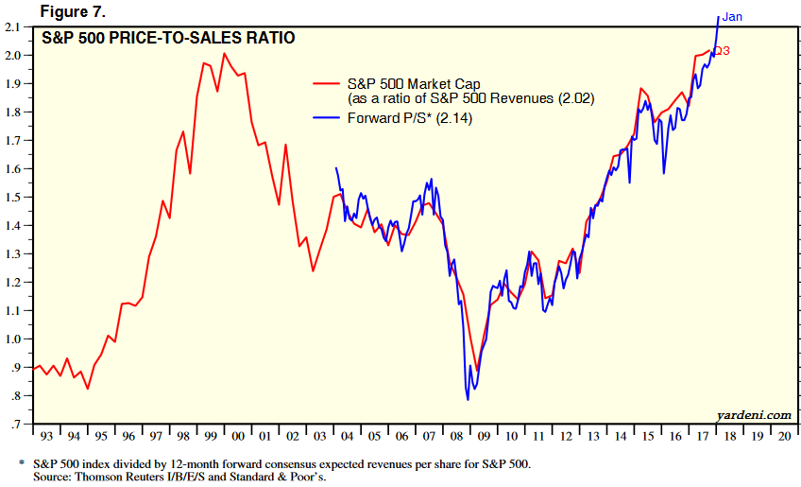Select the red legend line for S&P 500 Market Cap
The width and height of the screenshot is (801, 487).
(327, 84)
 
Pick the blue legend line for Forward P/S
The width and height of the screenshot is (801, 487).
(327, 118)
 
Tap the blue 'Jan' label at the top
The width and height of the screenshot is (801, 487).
(733, 17)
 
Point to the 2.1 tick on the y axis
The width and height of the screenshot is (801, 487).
(14, 26)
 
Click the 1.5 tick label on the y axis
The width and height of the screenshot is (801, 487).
(14, 198)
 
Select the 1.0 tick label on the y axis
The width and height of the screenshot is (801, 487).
(14, 339)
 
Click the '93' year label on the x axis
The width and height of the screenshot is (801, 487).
(46, 437)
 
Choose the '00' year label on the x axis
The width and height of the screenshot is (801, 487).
(237, 437)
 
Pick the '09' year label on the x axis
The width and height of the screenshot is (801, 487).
(484, 437)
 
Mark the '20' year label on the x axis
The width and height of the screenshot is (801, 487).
(784, 437)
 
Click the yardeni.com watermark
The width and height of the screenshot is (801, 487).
(753, 414)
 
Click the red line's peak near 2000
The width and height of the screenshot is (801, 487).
(224, 54)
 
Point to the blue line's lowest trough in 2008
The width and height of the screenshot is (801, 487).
(468, 399)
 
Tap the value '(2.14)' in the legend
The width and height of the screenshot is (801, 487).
(453, 118)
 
